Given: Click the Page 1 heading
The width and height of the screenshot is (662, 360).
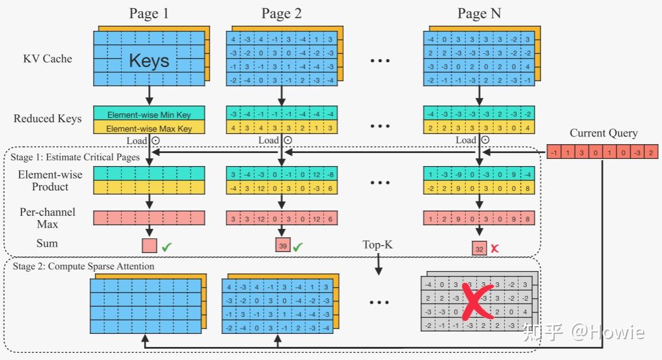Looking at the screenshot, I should pyautogui.click(x=149, y=14).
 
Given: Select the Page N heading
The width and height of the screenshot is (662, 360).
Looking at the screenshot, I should pyautogui.click(x=479, y=14).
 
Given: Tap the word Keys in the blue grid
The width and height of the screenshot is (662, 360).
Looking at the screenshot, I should pyautogui.click(x=149, y=60).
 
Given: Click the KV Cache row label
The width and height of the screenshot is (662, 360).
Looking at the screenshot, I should pyautogui.click(x=47, y=59).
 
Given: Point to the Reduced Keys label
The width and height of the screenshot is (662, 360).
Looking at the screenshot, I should pyautogui.click(x=47, y=119).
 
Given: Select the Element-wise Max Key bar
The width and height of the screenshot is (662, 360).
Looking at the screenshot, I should pyautogui.click(x=149, y=128).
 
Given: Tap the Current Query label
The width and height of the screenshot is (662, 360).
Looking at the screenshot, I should pyautogui.click(x=603, y=133).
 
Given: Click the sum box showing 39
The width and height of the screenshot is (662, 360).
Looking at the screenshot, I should pyautogui.click(x=282, y=246).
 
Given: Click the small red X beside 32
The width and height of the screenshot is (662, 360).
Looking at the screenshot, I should pyautogui.click(x=494, y=249).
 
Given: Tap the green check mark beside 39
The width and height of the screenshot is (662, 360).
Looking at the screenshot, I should pyautogui.click(x=298, y=246).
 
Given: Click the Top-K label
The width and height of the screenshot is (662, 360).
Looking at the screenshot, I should pyautogui.click(x=378, y=245).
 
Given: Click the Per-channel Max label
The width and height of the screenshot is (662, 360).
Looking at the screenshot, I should pyautogui.click(x=47, y=217).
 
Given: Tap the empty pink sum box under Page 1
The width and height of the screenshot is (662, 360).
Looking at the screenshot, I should pyautogui.click(x=149, y=246).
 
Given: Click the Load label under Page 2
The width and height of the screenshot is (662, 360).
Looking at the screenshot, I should pyautogui.click(x=268, y=141).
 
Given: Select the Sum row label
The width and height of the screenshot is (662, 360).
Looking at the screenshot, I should pyautogui.click(x=47, y=243).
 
